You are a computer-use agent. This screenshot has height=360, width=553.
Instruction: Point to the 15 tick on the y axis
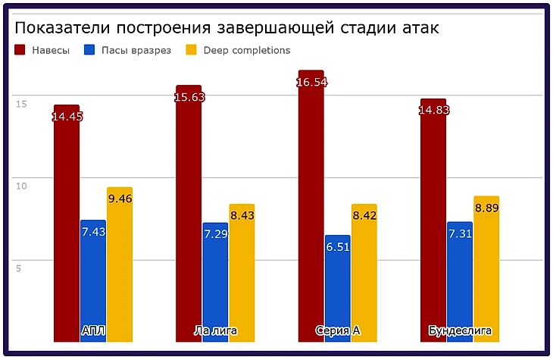point(21,103)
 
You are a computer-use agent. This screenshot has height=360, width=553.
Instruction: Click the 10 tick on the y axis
point(21,185)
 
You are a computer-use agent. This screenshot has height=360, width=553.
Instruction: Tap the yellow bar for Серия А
point(364,273)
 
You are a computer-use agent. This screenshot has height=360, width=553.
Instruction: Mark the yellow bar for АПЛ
point(120,265)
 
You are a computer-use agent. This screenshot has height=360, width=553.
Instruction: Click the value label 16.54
point(311,82)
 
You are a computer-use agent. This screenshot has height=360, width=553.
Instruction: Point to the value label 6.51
point(338,246)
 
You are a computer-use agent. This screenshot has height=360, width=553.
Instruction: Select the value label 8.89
point(486,208)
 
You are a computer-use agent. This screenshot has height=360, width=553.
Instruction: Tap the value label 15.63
point(189,97)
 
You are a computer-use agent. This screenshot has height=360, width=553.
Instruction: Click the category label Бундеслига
point(460,331)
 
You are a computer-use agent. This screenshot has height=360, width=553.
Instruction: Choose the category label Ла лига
point(215,331)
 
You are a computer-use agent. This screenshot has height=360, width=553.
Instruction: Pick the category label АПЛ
point(93,331)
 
